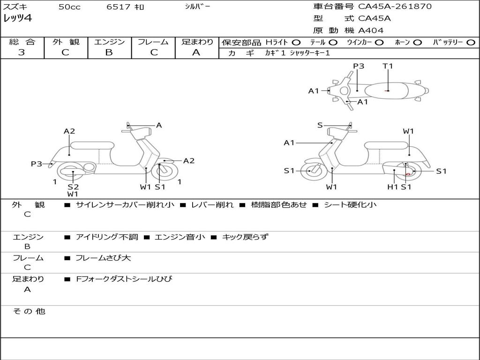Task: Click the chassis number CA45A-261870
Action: coord(395,7)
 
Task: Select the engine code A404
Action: coord(371,30)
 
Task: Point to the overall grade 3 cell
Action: coord(22,52)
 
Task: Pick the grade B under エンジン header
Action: coord(109,52)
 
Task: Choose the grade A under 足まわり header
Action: coord(196,52)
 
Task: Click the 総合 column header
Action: coord(22,42)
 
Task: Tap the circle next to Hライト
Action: coord(296,43)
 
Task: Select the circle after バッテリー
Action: coord(471,43)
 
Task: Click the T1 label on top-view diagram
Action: coord(388,66)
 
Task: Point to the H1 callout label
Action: coord(392,187)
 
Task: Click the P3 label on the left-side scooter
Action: coord(37,164)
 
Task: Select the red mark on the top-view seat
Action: coord(387,90)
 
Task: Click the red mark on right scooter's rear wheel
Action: coord(408,174)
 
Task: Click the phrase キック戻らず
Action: coord(245,237)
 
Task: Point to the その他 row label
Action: coord(29,311)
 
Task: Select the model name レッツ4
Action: coord(17,19)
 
